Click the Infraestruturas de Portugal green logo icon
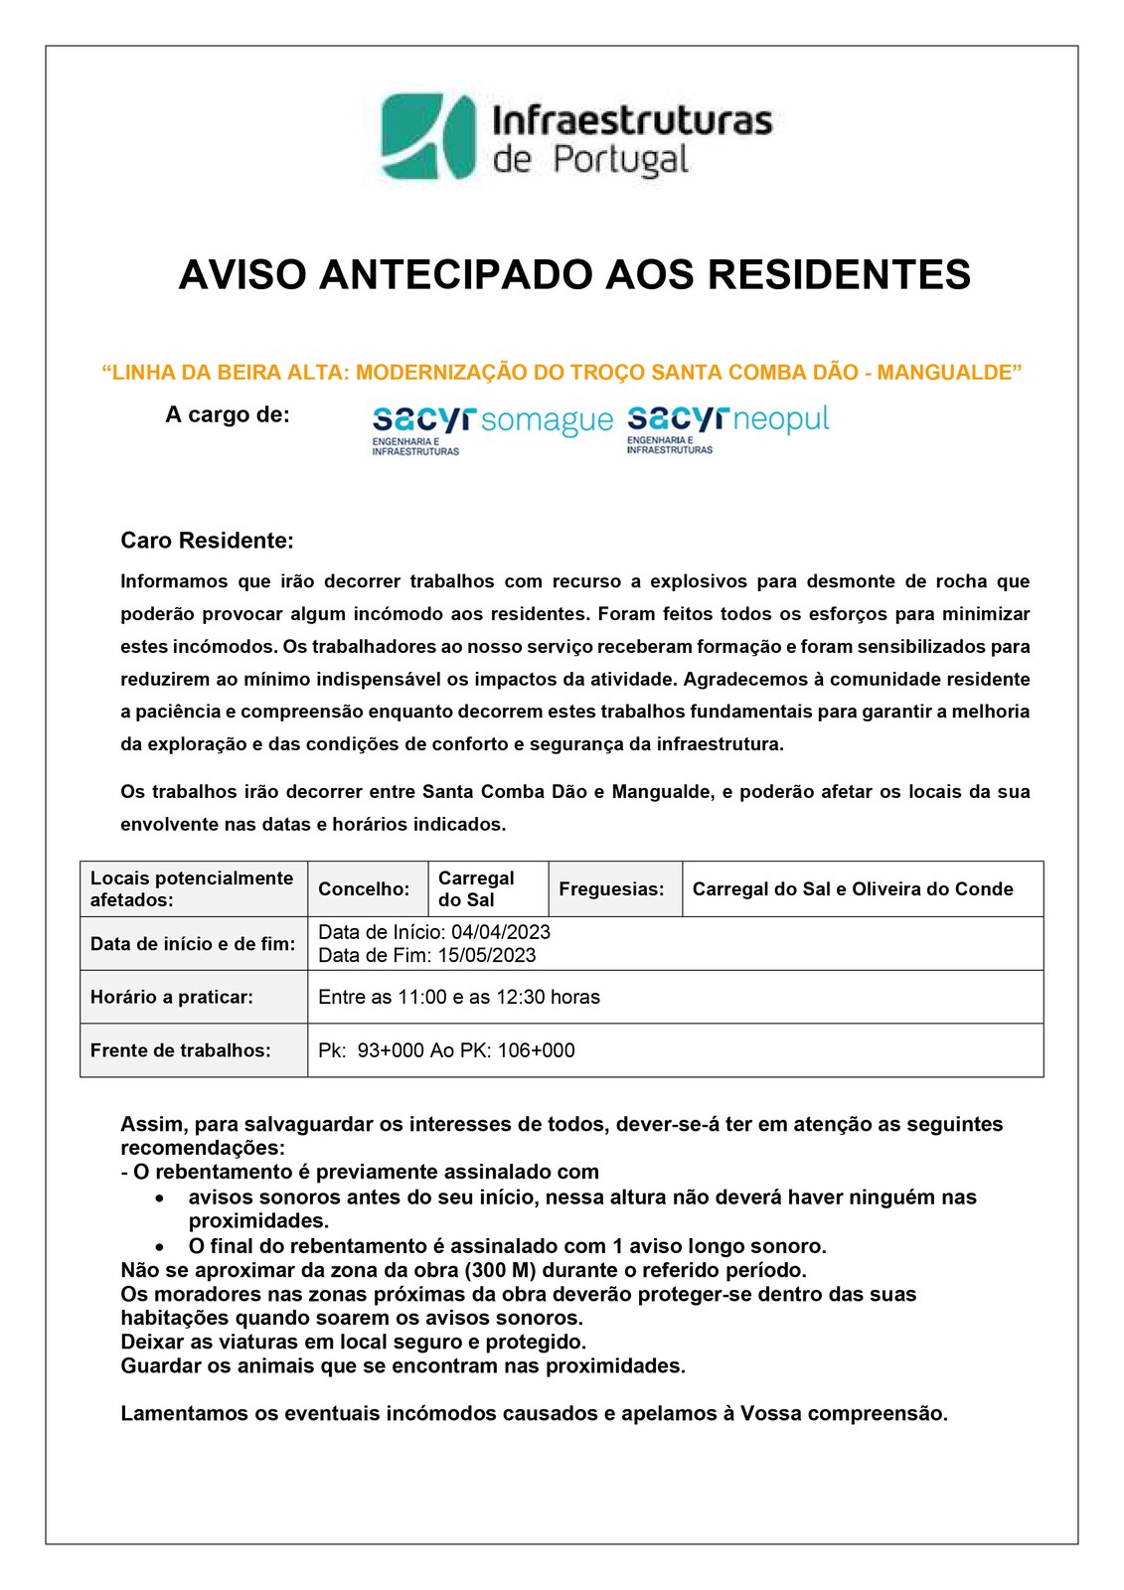[428, 137]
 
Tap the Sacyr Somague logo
[492, 427]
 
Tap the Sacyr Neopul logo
[727, 427]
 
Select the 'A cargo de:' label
[228, 415]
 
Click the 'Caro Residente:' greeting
[207, 541]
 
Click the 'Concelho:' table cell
[364, 889]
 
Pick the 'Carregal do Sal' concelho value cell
[476, 889]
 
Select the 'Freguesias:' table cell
[611, 889]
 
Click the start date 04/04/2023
[500, 932]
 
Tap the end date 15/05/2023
[486, 955]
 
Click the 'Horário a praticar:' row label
[172, 997]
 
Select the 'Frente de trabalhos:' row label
[180, 1050]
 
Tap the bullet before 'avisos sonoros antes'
[159, 1198]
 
